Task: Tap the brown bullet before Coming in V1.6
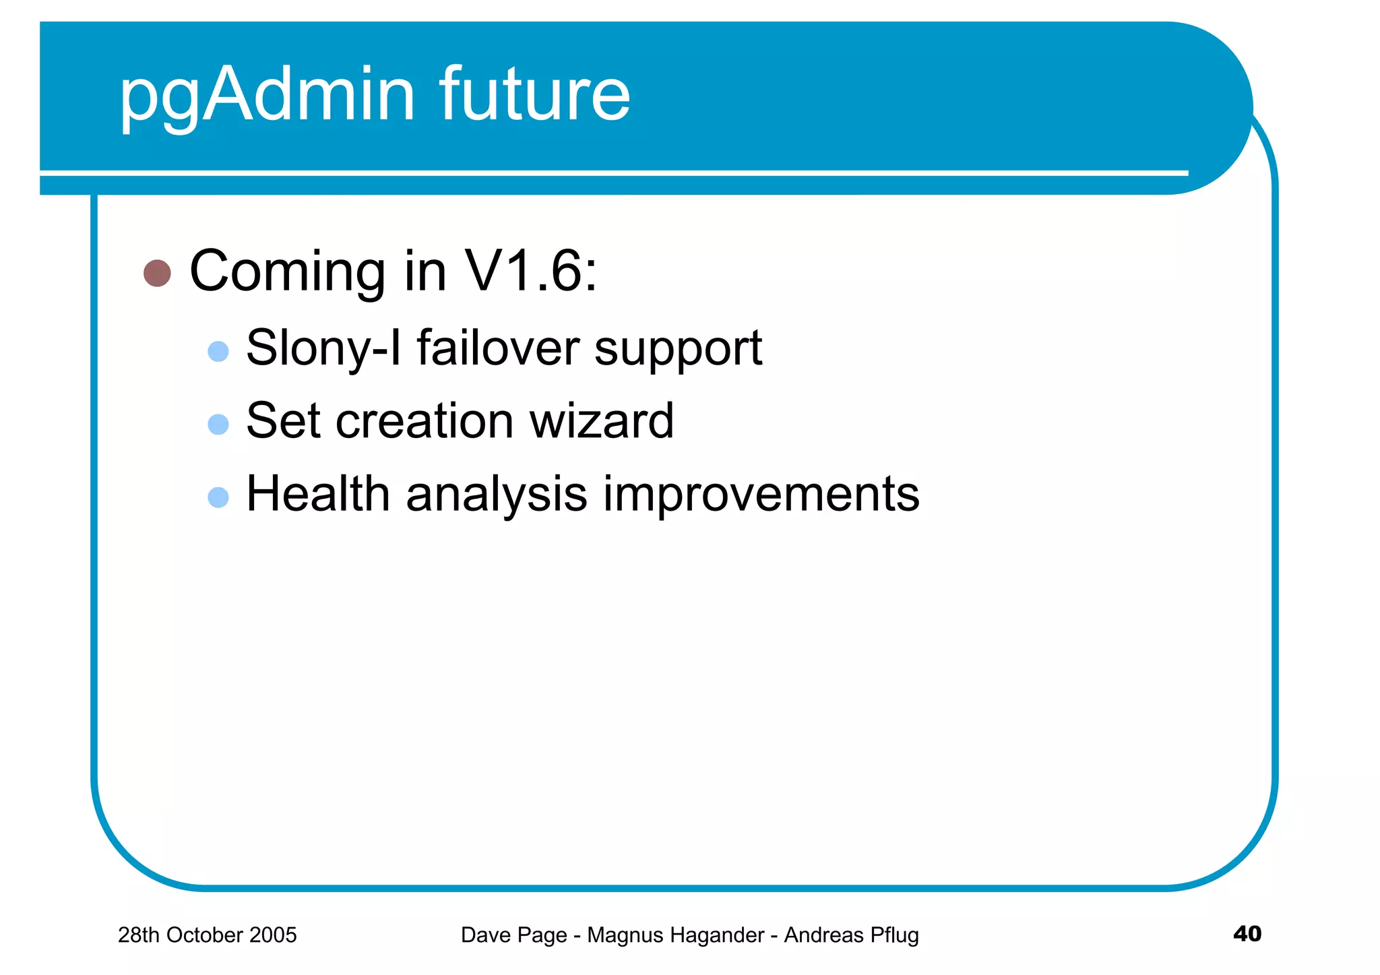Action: point(157,273)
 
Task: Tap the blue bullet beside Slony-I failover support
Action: point(218,351)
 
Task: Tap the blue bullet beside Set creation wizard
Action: point(218,424)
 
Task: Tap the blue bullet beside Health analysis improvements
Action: point(218,497)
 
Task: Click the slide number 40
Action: point(1247,933)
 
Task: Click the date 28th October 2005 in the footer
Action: point(207,935)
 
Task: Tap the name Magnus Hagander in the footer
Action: point(675,935)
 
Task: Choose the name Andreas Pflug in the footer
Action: point(851,935)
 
